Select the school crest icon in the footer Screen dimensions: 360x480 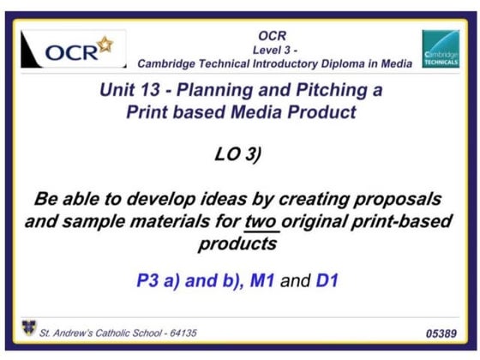click(x=29, y=327)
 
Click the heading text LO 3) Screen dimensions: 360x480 click(x=240, y=156)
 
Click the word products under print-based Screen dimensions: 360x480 click(x=239, y=244)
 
